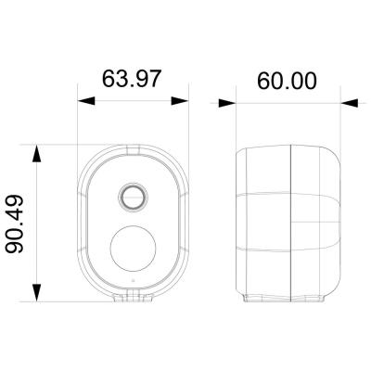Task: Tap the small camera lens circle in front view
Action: click(131, 196)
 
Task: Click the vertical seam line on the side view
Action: click(292, 223)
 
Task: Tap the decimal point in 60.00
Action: click(283, 88)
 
